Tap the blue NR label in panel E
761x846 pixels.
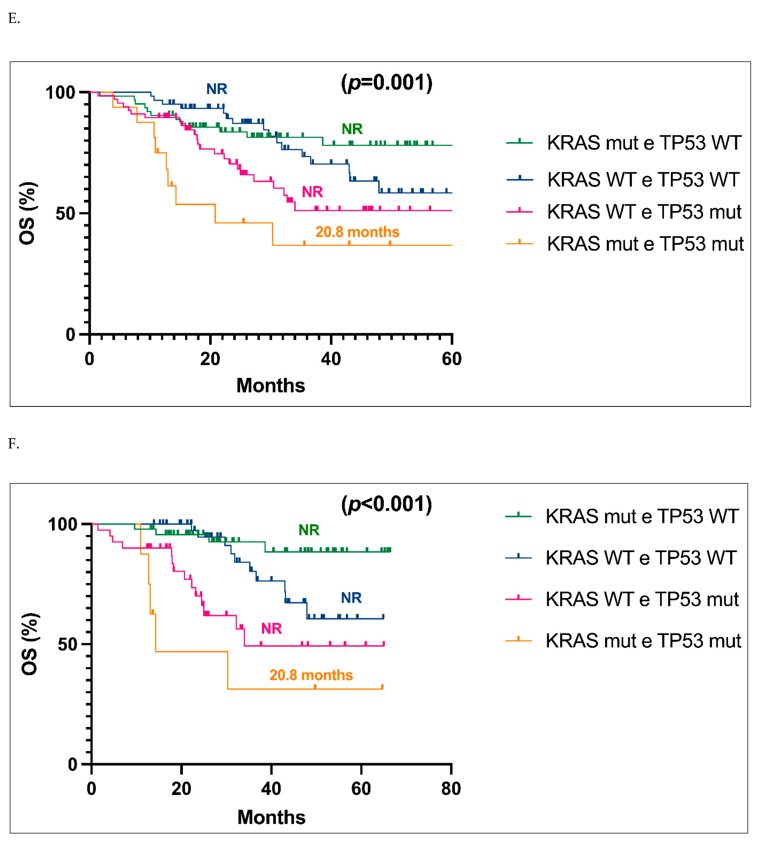coord(217,89)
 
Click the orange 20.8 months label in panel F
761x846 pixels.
coord(311,675)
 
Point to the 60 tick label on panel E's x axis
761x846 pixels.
coord(452,359)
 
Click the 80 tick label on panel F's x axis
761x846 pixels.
coord(451,789)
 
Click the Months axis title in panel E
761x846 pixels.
coord(271,385)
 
